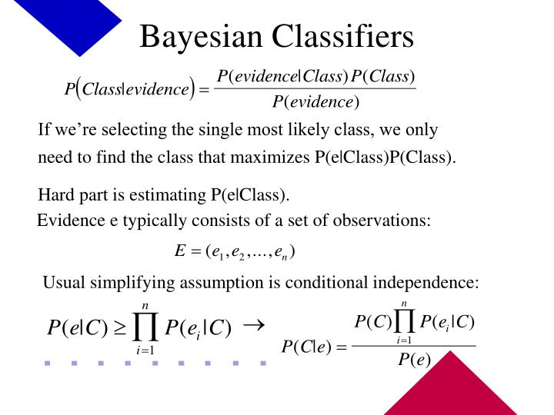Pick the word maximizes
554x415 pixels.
pos(273,158)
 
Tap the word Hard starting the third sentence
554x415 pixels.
pos(56,194)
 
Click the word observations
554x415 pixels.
pos(382,221)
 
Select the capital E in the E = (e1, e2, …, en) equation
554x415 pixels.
pos(181,251)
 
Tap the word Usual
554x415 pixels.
pos(62,283)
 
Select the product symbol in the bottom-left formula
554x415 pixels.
pos(145,327)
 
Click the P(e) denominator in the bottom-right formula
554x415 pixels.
pos(413,361)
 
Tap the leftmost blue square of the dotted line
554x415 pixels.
pos(48,362)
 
